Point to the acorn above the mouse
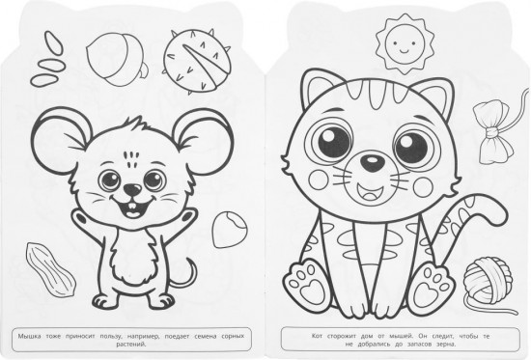[x=116, y=60]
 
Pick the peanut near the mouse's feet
[x=50, y=269]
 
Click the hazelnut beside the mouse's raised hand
[x=230, y=230]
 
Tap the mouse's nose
[x=132, y=189]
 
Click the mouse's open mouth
[x=133, y=207]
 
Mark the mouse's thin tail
[x=187, y=275]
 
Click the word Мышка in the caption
[x=30, y=337]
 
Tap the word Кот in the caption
[x=317, y=336]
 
